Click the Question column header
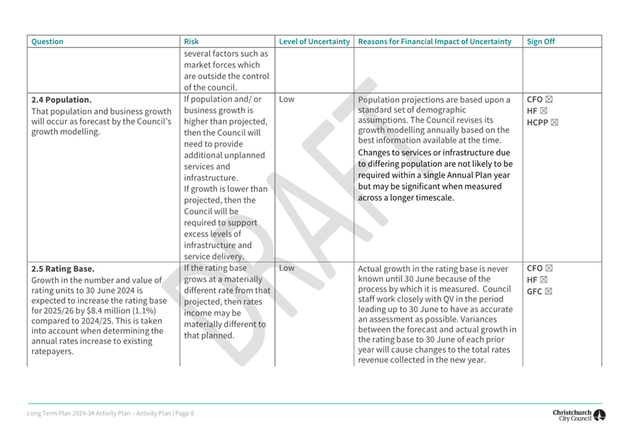point(48,42)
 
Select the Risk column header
point(191,42)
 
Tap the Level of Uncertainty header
point(314,42)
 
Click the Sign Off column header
point(540,42)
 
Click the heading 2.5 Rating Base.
point(63,269)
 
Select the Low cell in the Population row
point(286,99)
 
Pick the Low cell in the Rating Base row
point(286,268)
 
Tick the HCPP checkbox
point(554,122)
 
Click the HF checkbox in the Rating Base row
point(543,279)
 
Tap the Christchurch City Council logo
point(578,416)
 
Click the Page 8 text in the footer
point(184,414)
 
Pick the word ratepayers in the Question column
point(52,352)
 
